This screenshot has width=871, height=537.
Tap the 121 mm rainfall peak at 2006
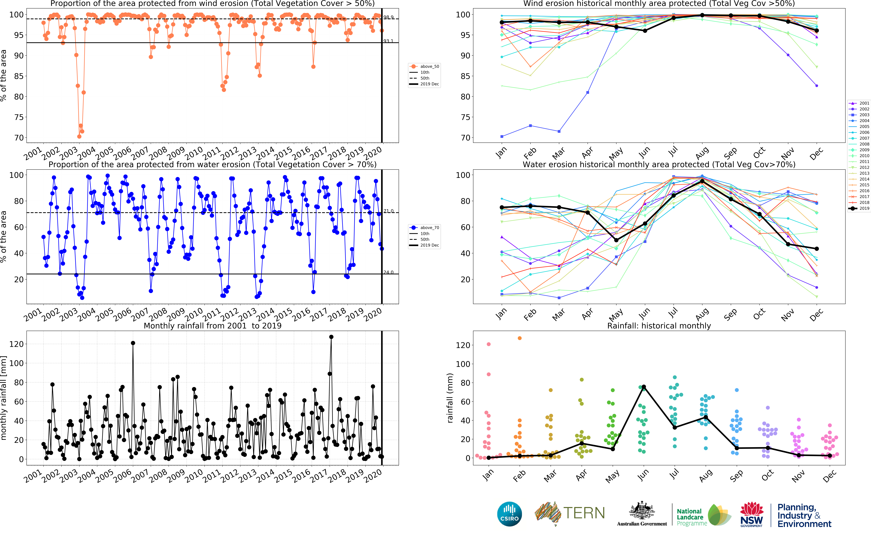133,343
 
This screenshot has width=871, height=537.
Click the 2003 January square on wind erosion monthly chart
502,136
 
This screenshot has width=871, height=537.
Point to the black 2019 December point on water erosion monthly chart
817,249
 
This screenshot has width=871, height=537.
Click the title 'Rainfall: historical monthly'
659,326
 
